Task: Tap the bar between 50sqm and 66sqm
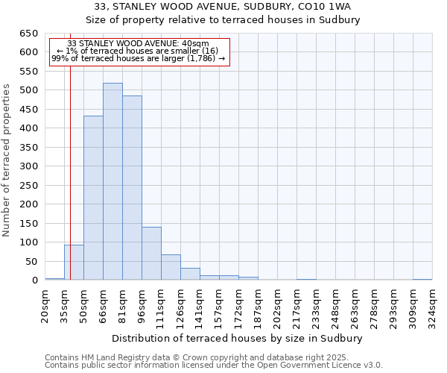(x=93, y=198)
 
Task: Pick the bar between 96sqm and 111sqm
(x=151, y=254)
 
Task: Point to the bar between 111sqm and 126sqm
(x=171, y=267)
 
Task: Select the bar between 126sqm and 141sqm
(x=190, y=274)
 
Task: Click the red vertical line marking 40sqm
(x=70, y=172)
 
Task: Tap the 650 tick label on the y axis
(x=28, y=34)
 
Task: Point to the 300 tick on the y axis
(x=28, y=166)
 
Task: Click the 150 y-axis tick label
(x=28, y=224)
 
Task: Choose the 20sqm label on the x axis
(x=45, y=304)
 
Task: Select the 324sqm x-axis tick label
(x=432, y=304)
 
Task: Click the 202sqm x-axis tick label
(x=277, y=304)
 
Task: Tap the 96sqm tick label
(x=142, y=304)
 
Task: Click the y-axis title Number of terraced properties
(x=7, y=160)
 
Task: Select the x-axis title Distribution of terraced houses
(x=238, y=338)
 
